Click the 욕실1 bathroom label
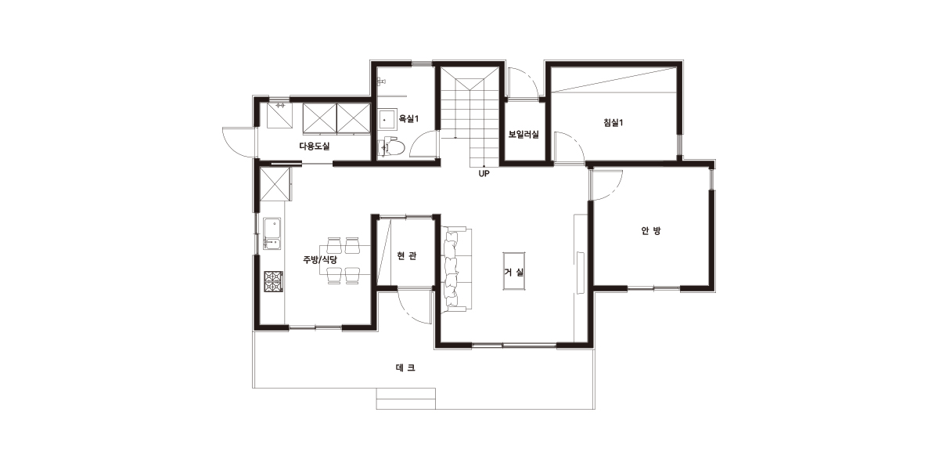click(408, 119)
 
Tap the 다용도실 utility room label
click(315, 146)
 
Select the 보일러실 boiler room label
click(523, 134)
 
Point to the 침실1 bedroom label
click(613, 122)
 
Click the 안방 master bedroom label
click(651, 230)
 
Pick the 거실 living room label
click(514, 272)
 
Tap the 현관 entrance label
click(406, 255)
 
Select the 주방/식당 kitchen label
click(320, 259)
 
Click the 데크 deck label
click(405, 367)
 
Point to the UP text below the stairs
click(484, 173)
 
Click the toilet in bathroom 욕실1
click(391, 147)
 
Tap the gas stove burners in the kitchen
click(273, 281)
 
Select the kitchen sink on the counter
click(272, 233)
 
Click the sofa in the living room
click(456, 269)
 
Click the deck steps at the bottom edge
click(406, 399)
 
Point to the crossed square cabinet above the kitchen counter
click(275, 184)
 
